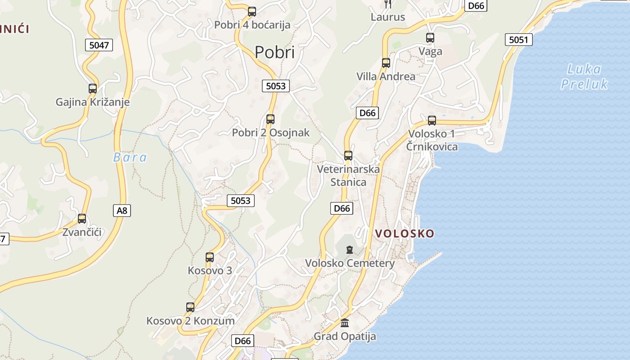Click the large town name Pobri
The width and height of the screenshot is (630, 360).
tap(274, 53)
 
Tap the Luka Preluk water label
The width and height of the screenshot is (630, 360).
tap(584, 76)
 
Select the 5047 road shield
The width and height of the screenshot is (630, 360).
tap(99, 45)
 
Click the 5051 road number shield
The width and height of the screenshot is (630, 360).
tap(518, 40)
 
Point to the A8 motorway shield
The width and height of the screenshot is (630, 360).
tap(122, 210)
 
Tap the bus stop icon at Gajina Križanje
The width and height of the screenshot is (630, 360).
tap(93, 89)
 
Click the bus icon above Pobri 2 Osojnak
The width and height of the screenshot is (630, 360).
tap(270, 119)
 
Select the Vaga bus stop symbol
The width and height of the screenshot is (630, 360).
tap(430, 38)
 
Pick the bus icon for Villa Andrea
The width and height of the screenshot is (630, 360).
tap(386, 63)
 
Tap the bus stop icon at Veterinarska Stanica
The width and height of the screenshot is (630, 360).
tap(348, 156)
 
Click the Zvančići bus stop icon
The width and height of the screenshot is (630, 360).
tap(82, 219)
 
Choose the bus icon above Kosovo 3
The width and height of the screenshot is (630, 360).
tap(210, 257)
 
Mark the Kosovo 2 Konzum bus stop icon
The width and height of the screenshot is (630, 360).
tap(190, 307)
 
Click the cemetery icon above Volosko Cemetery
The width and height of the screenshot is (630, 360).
tap(350, 249)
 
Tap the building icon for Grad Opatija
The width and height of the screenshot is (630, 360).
tap(345, 323)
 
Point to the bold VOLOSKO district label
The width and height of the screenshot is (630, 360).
tap(405, 234)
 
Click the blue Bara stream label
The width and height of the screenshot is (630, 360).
tap(130, 157)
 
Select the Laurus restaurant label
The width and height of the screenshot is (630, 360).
tap(388, 17)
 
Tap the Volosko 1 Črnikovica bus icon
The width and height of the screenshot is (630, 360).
tap(432, 121)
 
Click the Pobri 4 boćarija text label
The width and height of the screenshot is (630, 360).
tap(252, 25)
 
